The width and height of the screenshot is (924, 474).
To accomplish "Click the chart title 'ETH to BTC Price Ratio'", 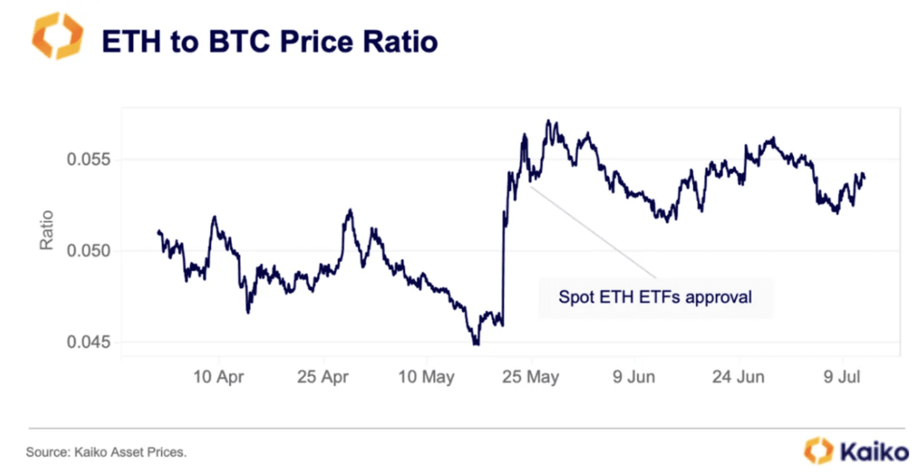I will (x=270, y=41).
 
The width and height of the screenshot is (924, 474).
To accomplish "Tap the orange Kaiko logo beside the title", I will (x=57, y=36).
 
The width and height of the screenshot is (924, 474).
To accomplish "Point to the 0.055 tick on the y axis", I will (x=88, y=159).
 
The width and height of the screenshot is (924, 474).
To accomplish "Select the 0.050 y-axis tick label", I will (x=88, y=251).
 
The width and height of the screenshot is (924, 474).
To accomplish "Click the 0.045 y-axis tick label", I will (x=88, y=343).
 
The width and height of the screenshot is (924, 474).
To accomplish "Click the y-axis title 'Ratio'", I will (x=47, y=230).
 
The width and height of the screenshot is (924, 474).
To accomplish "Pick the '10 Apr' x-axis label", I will (x=219, y=377).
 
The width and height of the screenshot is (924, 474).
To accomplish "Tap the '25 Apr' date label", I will (x=323, y=377).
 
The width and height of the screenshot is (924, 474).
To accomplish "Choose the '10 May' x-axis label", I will (x=426, y=377).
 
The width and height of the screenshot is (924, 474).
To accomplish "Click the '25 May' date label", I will (x=531, y=377).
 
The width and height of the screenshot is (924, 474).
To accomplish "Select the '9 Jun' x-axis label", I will (x=634, y=377).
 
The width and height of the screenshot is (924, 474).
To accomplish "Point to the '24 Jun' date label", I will (x=738, y=377).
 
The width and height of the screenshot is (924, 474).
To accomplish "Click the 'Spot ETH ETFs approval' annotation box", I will (x=655, y=296).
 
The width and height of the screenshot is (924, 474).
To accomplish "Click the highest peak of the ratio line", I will (x=548, y=121).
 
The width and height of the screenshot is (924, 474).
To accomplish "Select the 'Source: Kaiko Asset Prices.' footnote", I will (x=106, y=451).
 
